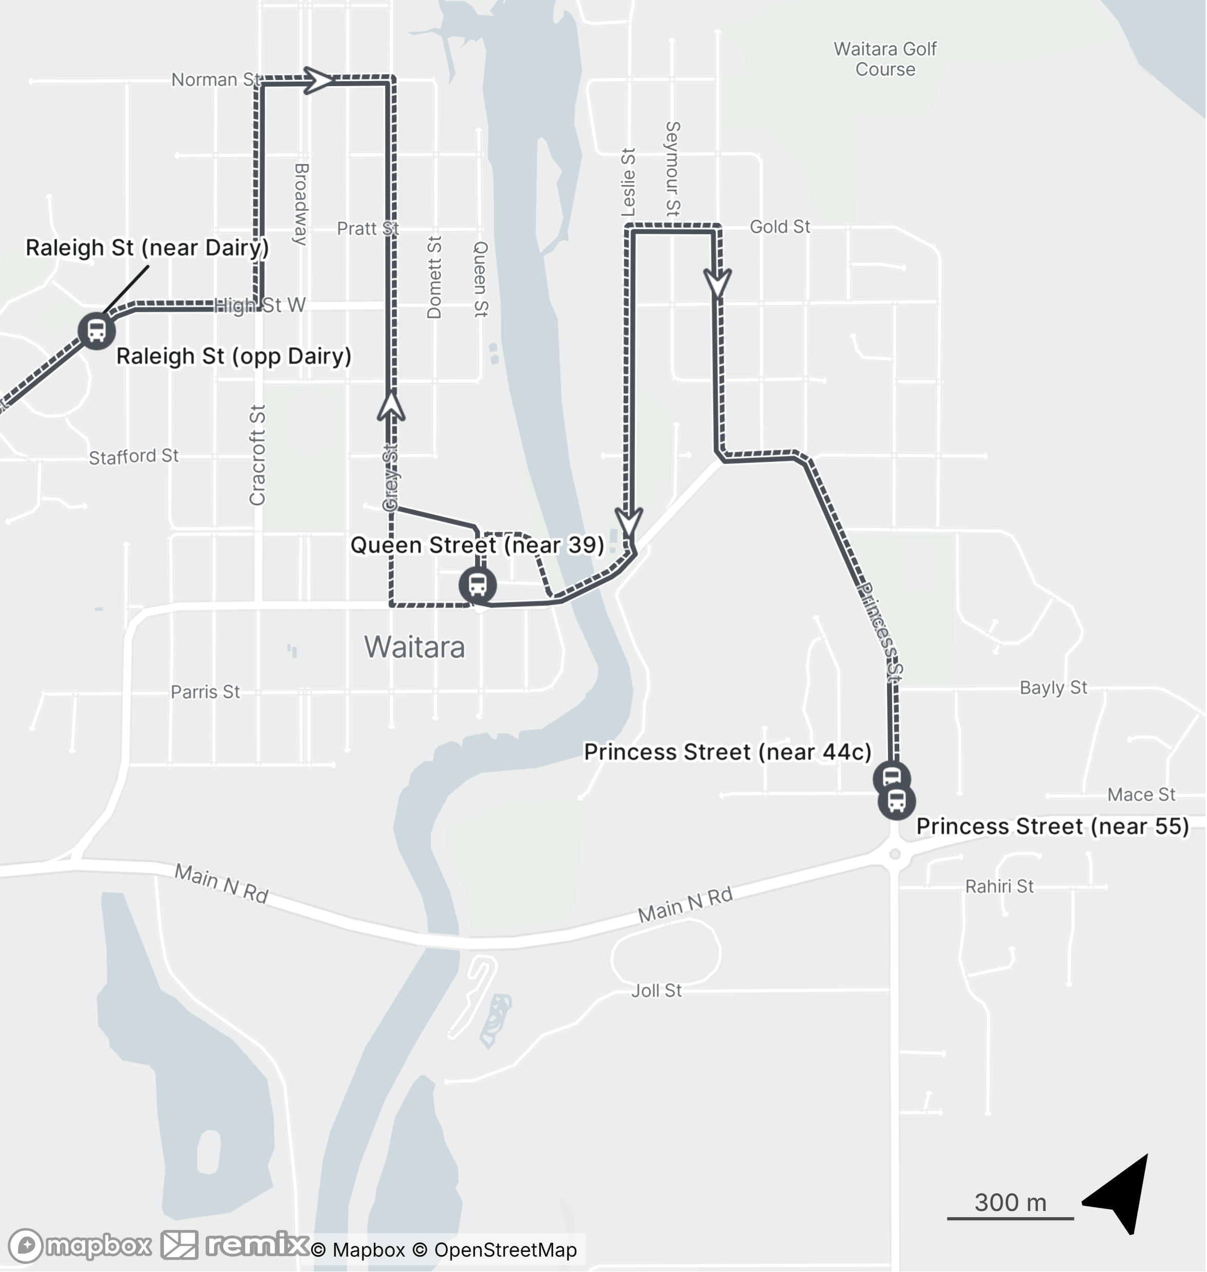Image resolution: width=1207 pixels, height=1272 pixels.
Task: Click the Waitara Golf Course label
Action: click(x=885, y=59)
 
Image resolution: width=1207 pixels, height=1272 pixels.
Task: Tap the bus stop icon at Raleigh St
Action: click(x=96, y=331)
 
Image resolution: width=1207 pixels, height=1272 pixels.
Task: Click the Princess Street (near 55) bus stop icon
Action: click(x=896, y=802)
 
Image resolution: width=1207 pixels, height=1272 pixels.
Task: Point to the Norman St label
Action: click(x=215, y=80)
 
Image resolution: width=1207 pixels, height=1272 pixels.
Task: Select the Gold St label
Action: click(x=780, y=227)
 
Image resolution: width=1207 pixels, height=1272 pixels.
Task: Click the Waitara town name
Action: click(x=414, y=647)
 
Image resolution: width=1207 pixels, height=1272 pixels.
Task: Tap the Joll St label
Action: click(x=656, y=991)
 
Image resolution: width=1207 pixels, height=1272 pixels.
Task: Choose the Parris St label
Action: click(x=205, y=692)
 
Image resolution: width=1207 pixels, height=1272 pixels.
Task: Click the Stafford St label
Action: click(x=134, y=457)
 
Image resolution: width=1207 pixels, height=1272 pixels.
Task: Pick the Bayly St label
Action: click(x=1053, y=688)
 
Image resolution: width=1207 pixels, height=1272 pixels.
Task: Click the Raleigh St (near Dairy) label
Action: click(x=147, y=248)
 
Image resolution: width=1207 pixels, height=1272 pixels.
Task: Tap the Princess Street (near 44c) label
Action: click(x=727, y=752)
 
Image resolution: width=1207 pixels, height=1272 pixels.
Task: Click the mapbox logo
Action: click(x=81, y=1246)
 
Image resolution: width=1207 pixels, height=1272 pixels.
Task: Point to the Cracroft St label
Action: click(x=258, y=455)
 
